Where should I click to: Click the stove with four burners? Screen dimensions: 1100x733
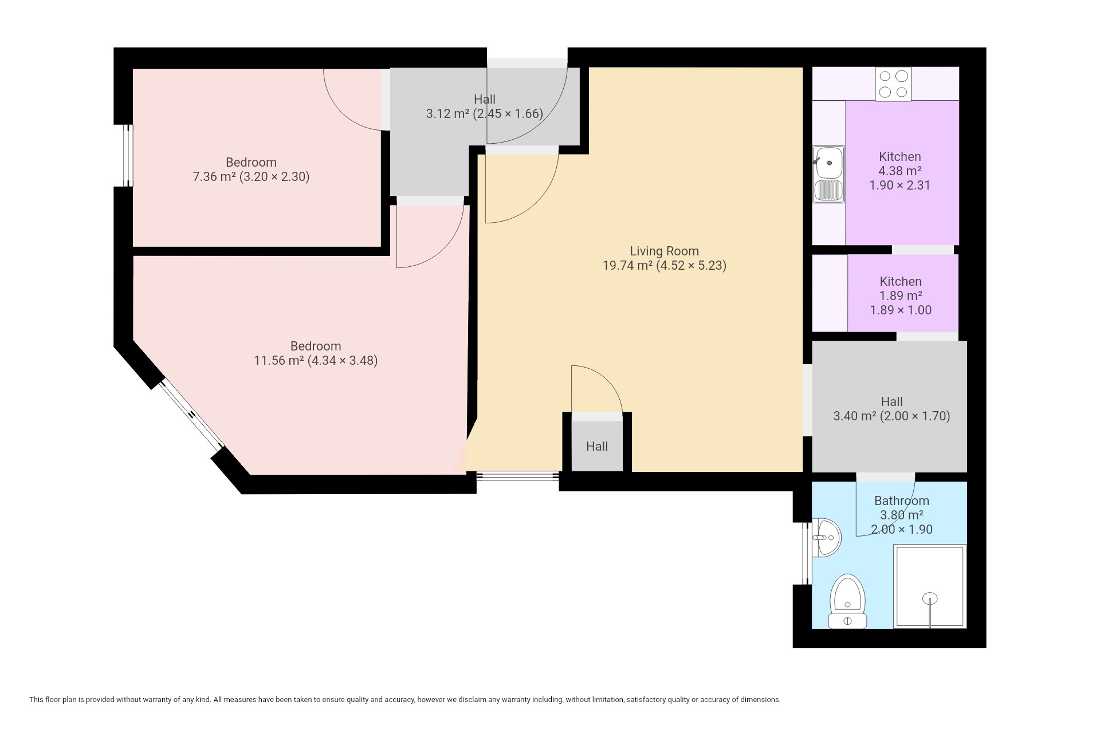(x=893, y=84)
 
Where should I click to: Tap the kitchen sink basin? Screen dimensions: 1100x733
(x=829, y=162)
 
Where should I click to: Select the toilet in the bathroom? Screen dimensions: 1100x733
(x=847, y=601)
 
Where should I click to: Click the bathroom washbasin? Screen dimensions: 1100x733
(x=826, y=537)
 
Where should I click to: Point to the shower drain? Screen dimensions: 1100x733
(x=930, y=598)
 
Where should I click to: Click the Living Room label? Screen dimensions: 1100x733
(x=665, y=251)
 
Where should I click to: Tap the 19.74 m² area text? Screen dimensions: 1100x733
(x=627, y=265)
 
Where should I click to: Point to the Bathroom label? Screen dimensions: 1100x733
(x=902, y=501)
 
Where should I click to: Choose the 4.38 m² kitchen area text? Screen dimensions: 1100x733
(x=900, y=171)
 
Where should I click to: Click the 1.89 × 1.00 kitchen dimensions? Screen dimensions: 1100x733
(x=901, y=310)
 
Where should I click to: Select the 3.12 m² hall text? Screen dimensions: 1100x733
(x=447, y=113)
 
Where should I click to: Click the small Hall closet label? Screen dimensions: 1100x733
(x=597, y=446)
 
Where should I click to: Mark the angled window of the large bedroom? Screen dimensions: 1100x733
(x=191, y=415)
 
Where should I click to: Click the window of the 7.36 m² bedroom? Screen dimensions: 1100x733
(x=129, y=155)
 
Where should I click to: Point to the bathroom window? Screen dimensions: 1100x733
(x=807, y=553)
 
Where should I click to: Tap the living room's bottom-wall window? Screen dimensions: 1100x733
(x=518, y=475)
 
